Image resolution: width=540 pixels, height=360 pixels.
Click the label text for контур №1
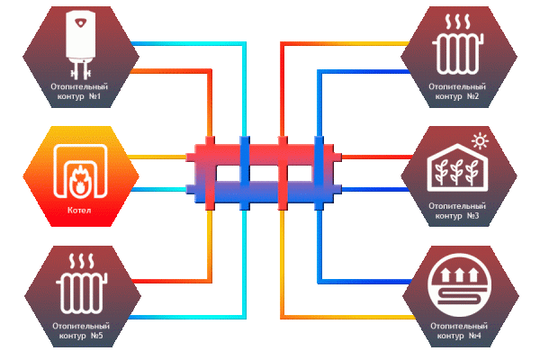coord(81,90)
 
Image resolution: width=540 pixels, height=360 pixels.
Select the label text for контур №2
coord(458,90)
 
